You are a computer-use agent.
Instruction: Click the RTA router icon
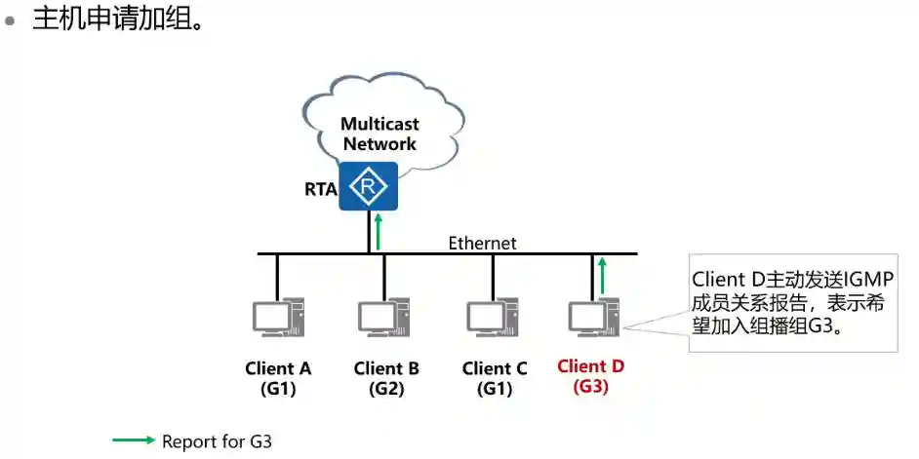pos(369,186)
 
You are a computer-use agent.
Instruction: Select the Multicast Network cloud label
pos(379,134)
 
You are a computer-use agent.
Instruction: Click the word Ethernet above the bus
pos(482,243)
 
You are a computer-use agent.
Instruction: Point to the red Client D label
pos(590,366)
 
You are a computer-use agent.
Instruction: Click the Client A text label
pos(278,368)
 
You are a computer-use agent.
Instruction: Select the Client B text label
pos(386,368)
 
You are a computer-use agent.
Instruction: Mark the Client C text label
pos(495,368)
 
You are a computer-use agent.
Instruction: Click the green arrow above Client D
pos(603,275)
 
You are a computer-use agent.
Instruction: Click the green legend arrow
pos(134,440)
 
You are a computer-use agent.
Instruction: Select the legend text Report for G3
pos(217,441)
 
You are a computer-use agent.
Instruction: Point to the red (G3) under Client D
pos(590,386)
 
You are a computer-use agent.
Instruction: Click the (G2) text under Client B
pos(386,388)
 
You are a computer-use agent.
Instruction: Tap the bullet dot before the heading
pos(12,19)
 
